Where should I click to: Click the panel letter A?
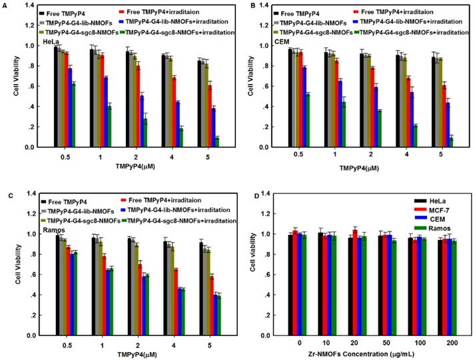5,7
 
